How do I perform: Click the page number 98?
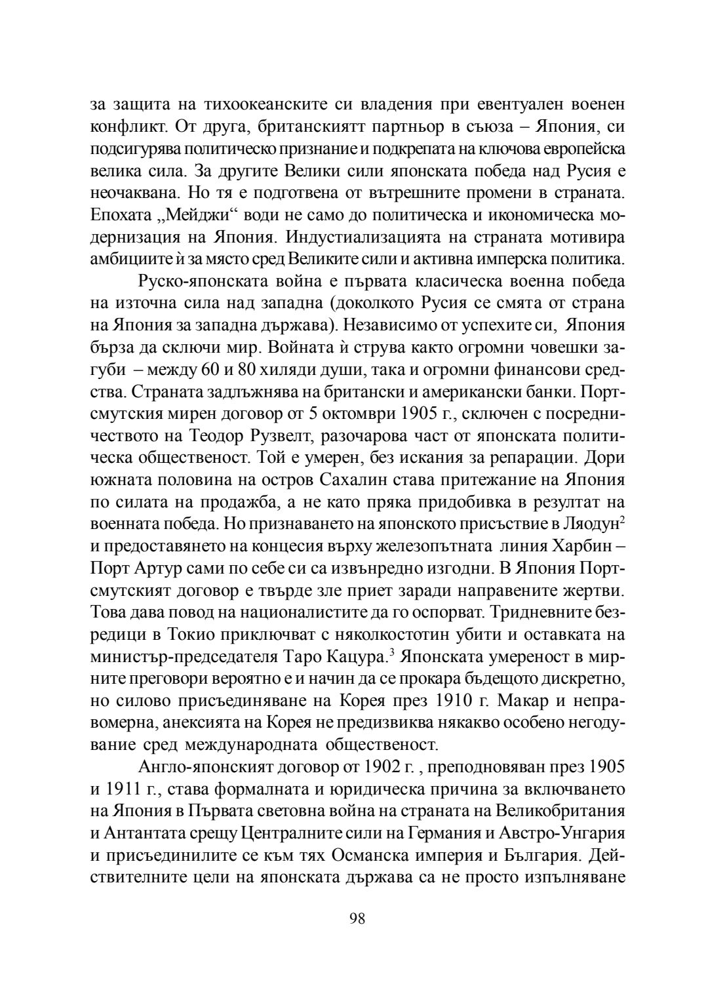pyautogui.click(x=357, y=918)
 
